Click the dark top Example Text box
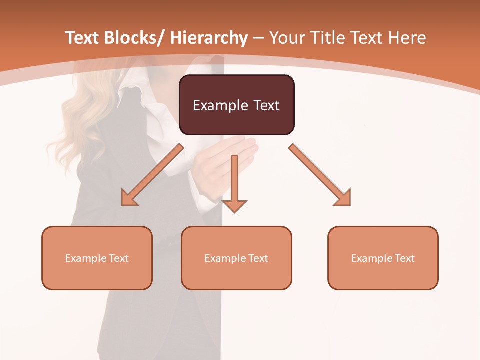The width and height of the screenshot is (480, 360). pos(236,105)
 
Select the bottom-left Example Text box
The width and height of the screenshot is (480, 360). pos(97,258)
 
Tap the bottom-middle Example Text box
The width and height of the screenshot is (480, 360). pos(236,258)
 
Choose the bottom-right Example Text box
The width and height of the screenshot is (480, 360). pos(383,258)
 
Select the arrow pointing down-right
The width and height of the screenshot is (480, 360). pos(320,175)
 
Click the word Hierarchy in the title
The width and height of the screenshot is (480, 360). pos(209,38)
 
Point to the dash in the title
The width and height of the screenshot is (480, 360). pos(258,39)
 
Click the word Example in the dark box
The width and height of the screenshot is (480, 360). pos(218,105)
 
